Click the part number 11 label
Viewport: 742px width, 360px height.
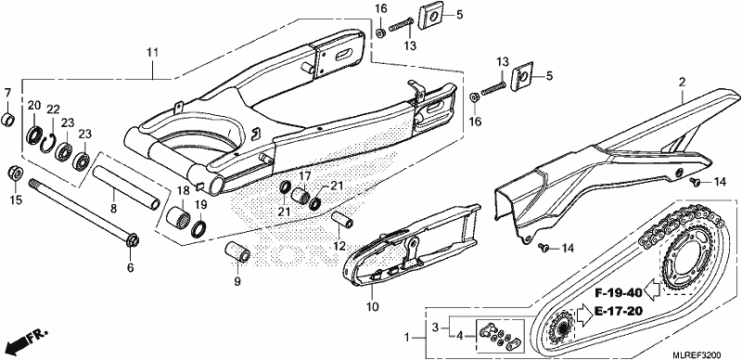click(151, 53)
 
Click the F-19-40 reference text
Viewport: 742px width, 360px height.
click(620, 291)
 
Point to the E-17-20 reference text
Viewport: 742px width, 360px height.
click(619, 311)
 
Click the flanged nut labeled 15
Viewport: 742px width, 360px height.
click(15, 173)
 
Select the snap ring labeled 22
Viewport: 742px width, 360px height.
click(49, 143)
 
